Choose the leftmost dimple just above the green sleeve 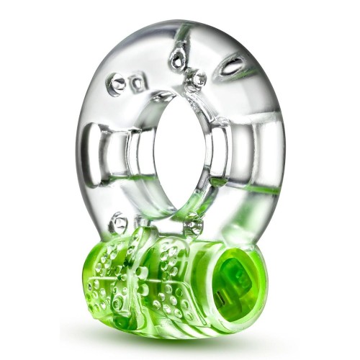tap(118, 219)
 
